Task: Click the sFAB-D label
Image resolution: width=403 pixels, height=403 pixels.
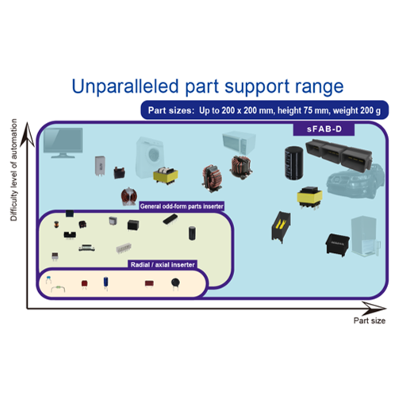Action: pyautogui.click(x=324, y=129)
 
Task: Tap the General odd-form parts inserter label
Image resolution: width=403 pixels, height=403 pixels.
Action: pyautogui.click(x=182, y=206)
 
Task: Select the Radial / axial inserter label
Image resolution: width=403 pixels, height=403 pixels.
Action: pyautogui.click(x=163, y=265)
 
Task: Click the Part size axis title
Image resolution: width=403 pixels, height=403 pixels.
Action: pyautogui.click(x=369, y=320)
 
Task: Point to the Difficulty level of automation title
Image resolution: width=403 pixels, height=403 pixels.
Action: pyautogui.click(x=13, y=170)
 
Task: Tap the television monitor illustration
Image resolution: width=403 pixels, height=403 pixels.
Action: pyautogui.click(x=63, y=143)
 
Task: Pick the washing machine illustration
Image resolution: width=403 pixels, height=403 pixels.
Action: pyautogui.click(x=150, y=157)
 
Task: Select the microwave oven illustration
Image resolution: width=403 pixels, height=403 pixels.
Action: pyautogui.click(x=239, y=143)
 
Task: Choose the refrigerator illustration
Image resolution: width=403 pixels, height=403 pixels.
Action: pyautogui.click(x=366, y=236)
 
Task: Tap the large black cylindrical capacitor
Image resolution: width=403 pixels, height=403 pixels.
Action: pyautogui.click(x=294, y=163)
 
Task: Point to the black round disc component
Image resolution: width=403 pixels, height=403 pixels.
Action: pyautogui.click(x=175, y=283)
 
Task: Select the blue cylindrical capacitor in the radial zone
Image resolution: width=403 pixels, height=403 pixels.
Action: pyautogui.click(x=106, y=283)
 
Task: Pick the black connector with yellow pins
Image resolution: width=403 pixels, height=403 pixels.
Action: pyautogui.click(x=281, y=227)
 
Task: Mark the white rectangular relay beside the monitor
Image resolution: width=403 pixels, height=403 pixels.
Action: pyautogui.click(x=100, y=166)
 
